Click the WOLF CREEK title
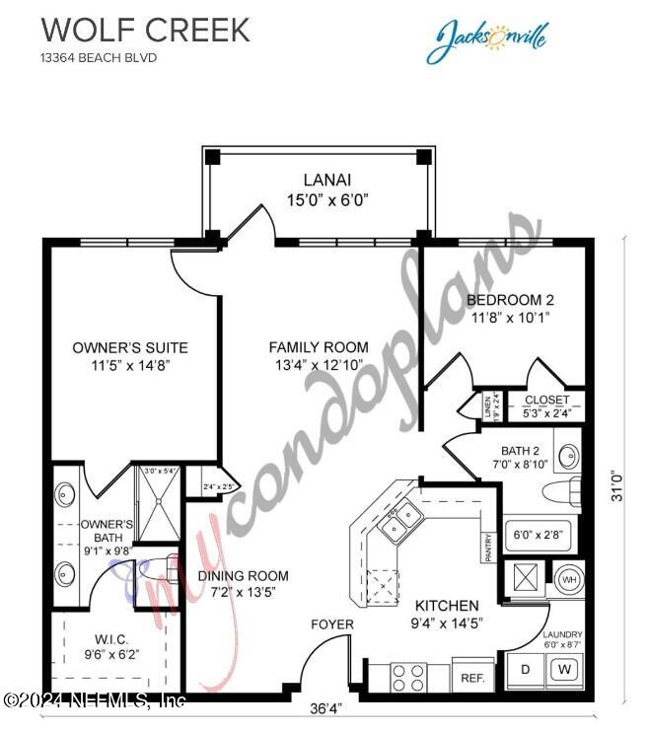145,30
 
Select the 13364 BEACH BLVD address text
99,58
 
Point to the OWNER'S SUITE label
130,347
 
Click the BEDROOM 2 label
510,300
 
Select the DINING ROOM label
243,576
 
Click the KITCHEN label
447,605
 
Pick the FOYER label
331,624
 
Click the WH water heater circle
567,578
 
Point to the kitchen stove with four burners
408,678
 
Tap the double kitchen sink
400,520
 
